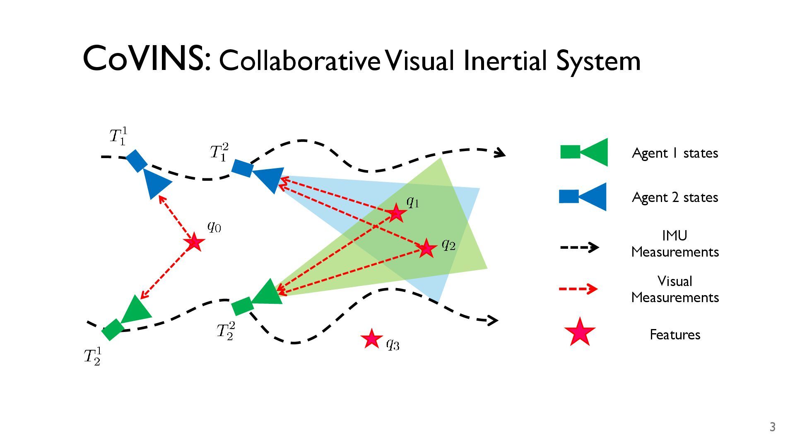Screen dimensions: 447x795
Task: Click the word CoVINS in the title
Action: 147,59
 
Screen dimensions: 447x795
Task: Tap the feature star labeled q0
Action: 194,242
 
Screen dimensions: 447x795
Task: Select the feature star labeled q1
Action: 396,213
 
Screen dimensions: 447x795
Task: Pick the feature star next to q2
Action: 426,248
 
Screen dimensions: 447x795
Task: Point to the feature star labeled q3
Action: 371,339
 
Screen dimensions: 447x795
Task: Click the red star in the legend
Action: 580,332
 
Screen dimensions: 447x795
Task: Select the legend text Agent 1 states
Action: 675,153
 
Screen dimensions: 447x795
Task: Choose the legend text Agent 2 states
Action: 675,197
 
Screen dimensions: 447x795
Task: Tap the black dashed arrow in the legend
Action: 579,248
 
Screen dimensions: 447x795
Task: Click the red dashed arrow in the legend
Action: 578,288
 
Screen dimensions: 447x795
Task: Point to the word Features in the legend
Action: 675,334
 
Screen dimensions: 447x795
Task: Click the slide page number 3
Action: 772,427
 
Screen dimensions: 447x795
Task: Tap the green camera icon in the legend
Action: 584,152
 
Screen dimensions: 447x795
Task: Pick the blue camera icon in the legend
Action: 583,197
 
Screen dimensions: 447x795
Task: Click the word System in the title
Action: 598,61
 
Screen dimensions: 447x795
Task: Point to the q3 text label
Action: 393,344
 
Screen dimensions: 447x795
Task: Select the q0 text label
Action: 214,227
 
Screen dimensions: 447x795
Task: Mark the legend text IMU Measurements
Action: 675,244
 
